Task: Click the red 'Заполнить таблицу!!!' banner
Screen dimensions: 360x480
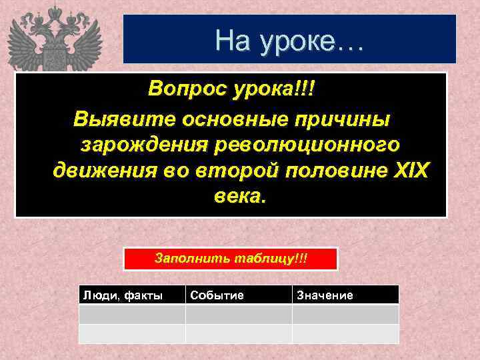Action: pos(231,258)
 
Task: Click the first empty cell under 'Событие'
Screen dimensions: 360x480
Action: pos(238,314)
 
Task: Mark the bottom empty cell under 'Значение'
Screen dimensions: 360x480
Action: pos(345,333)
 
